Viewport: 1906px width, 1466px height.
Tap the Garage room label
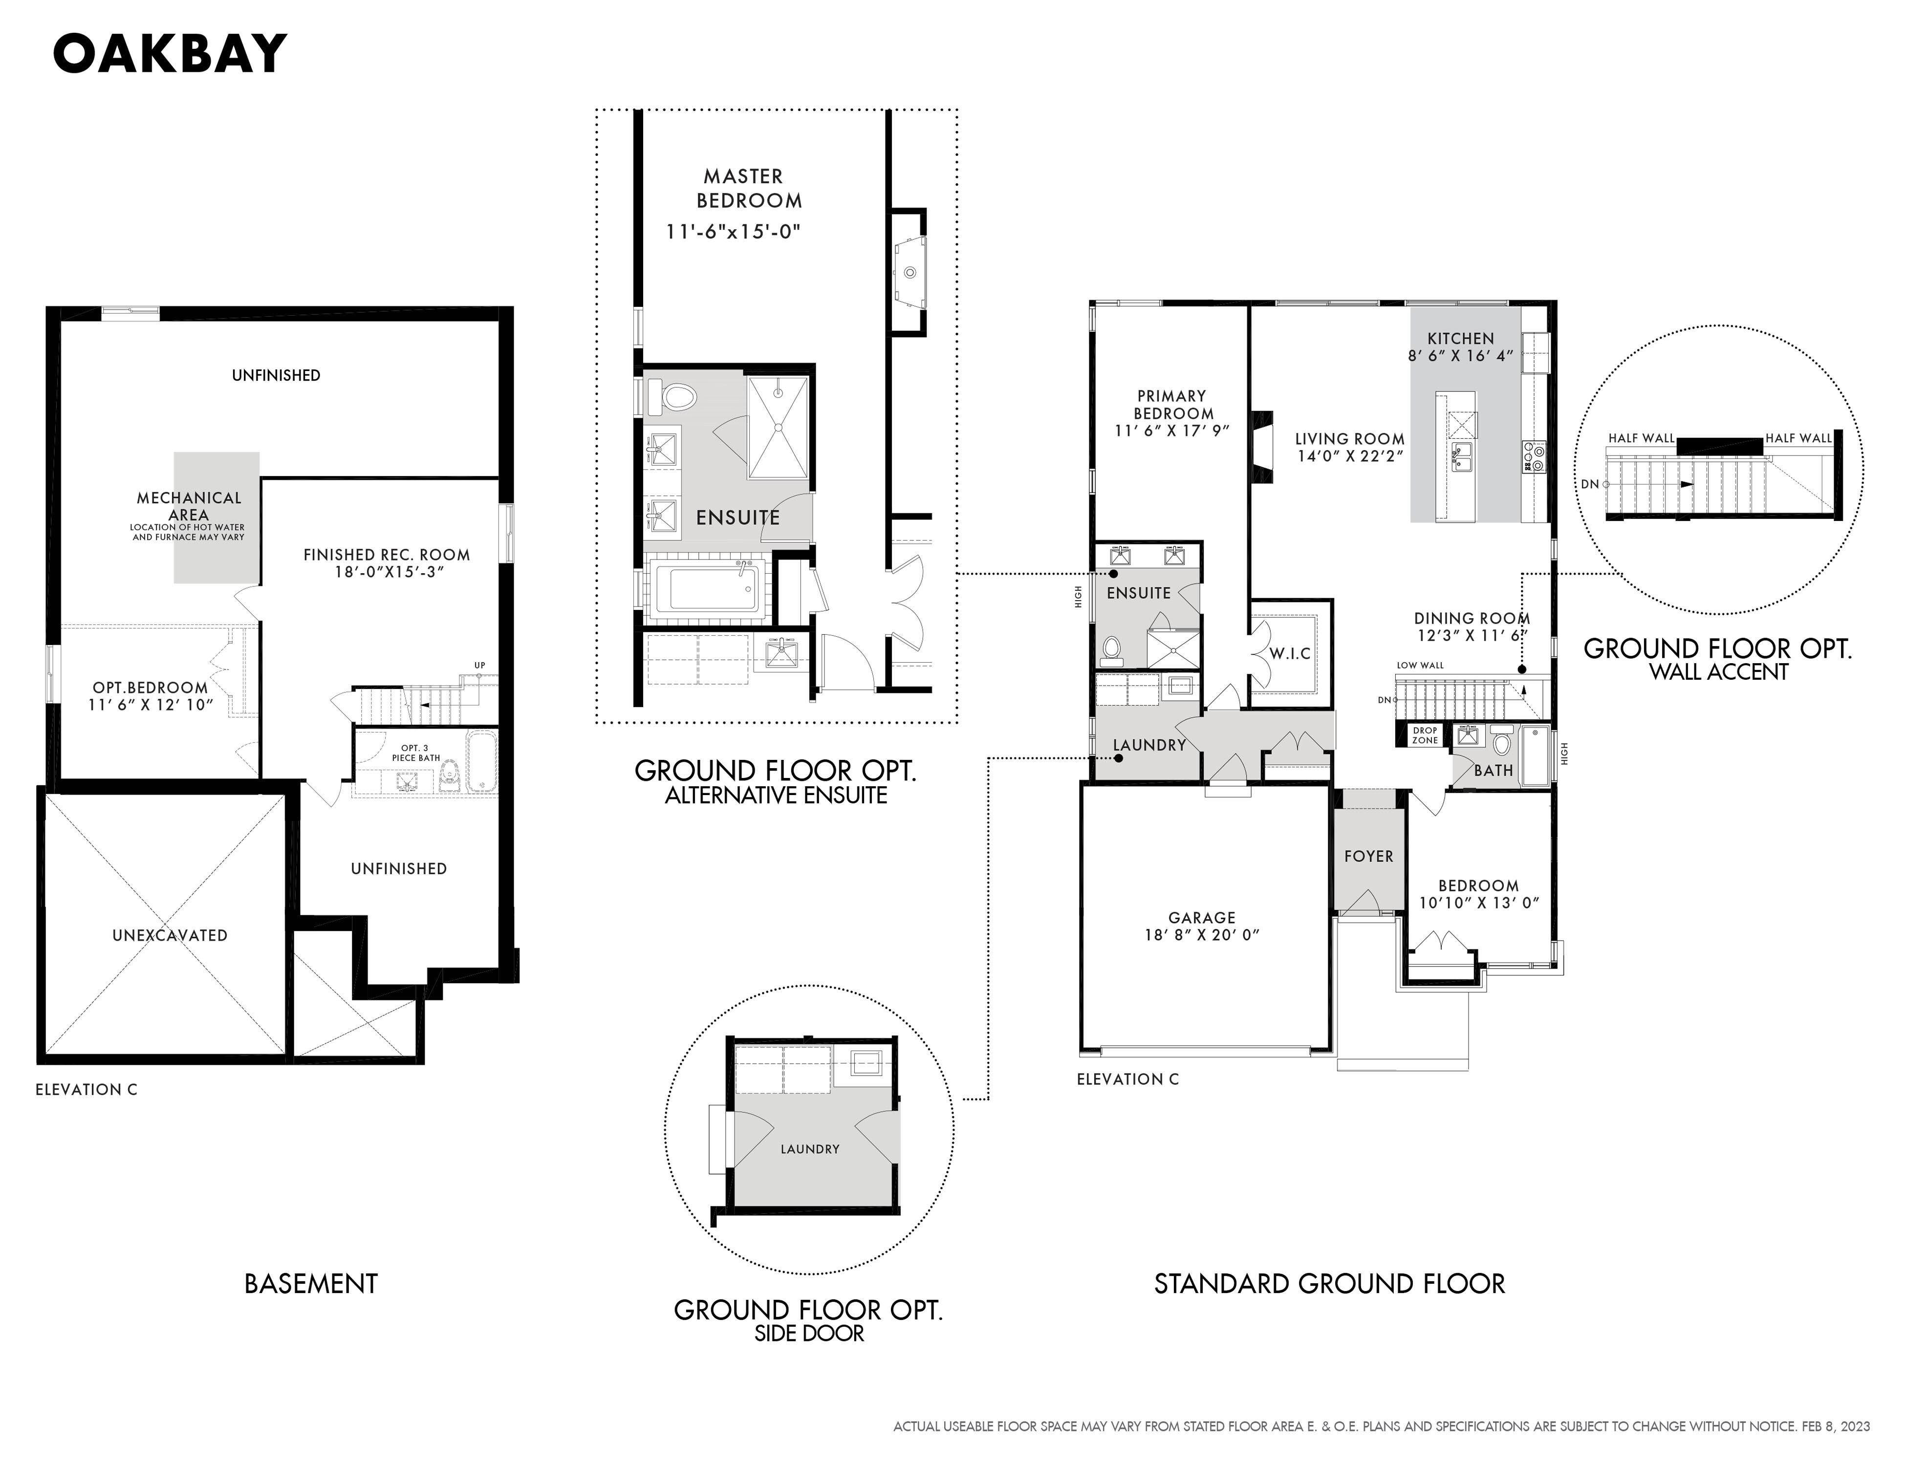[1202, 917]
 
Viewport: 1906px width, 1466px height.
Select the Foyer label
[1368, 856]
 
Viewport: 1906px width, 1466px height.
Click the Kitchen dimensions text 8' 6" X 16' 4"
[1460, 356]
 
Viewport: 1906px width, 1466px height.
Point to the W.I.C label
[1290, 654]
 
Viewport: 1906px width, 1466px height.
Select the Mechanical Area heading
[189, 506]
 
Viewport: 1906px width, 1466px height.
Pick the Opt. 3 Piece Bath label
[415, 753]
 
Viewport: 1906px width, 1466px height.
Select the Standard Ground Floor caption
[1330, 1284]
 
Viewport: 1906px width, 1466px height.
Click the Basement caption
[311, 1284]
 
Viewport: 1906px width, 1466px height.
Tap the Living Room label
[1349, 439]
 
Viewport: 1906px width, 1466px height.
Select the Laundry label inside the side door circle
[810, 1149]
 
